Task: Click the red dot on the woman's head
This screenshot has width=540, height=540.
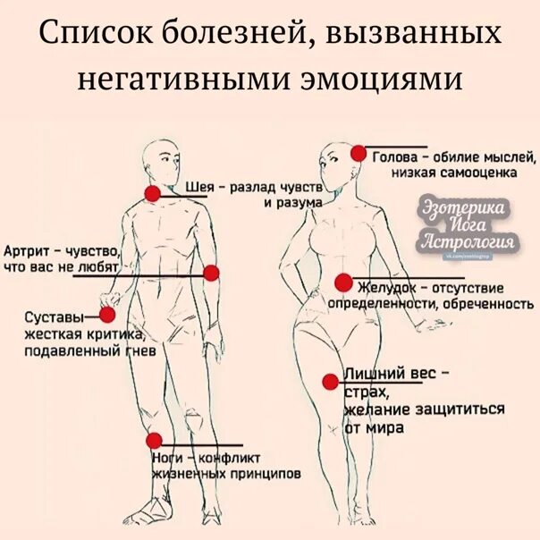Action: [x=358, y=154]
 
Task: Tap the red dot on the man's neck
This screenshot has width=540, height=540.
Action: [x=152, y=193]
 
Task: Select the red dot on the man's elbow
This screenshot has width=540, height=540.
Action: [x=211, y=273]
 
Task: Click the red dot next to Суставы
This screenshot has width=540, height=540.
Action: [x=107, y=314]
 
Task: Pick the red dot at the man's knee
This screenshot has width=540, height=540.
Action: [x=154, y=440]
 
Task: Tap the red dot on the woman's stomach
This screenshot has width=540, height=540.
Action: [x=342, y=283]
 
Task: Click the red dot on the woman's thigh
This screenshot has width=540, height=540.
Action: [x=330, y=383]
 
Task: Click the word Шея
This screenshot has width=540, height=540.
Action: [x=200, y=188]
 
